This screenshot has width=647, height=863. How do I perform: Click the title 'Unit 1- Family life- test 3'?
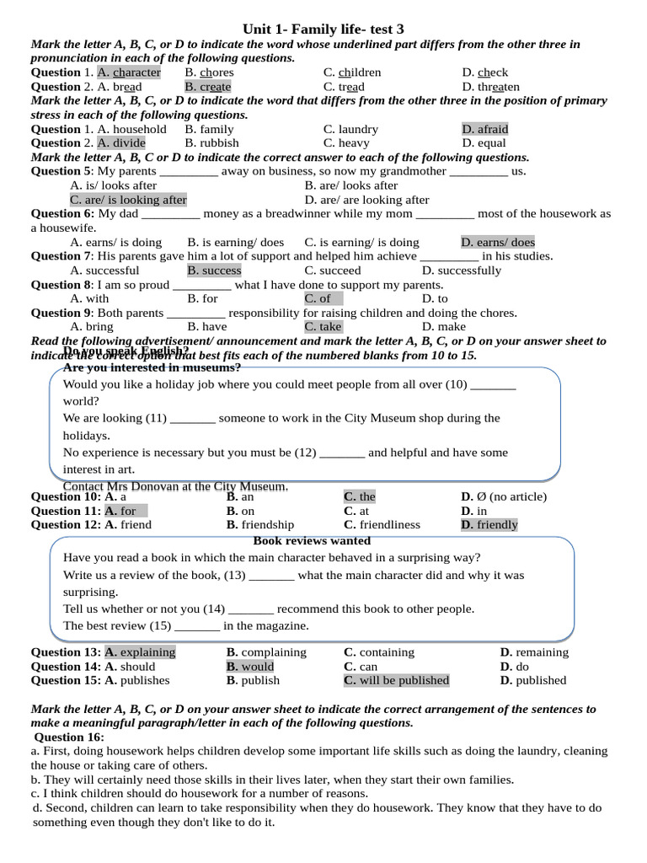[323, 29]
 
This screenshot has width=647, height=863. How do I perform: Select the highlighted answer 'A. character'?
[129, 72]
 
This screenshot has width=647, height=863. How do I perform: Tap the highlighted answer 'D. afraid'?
[484, 129]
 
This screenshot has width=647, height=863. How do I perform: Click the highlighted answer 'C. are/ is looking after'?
[128, 200]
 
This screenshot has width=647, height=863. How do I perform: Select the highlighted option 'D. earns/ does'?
[498, 242]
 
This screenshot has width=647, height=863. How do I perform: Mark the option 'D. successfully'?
[462, 271]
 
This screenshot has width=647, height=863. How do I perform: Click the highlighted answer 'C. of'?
[318, 298]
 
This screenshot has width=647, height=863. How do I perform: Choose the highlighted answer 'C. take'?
[323, 327]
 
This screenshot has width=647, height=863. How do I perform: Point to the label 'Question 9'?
[61, 313]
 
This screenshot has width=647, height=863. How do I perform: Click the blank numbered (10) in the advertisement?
[493, 384]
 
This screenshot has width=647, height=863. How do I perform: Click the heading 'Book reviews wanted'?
[312, 540]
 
